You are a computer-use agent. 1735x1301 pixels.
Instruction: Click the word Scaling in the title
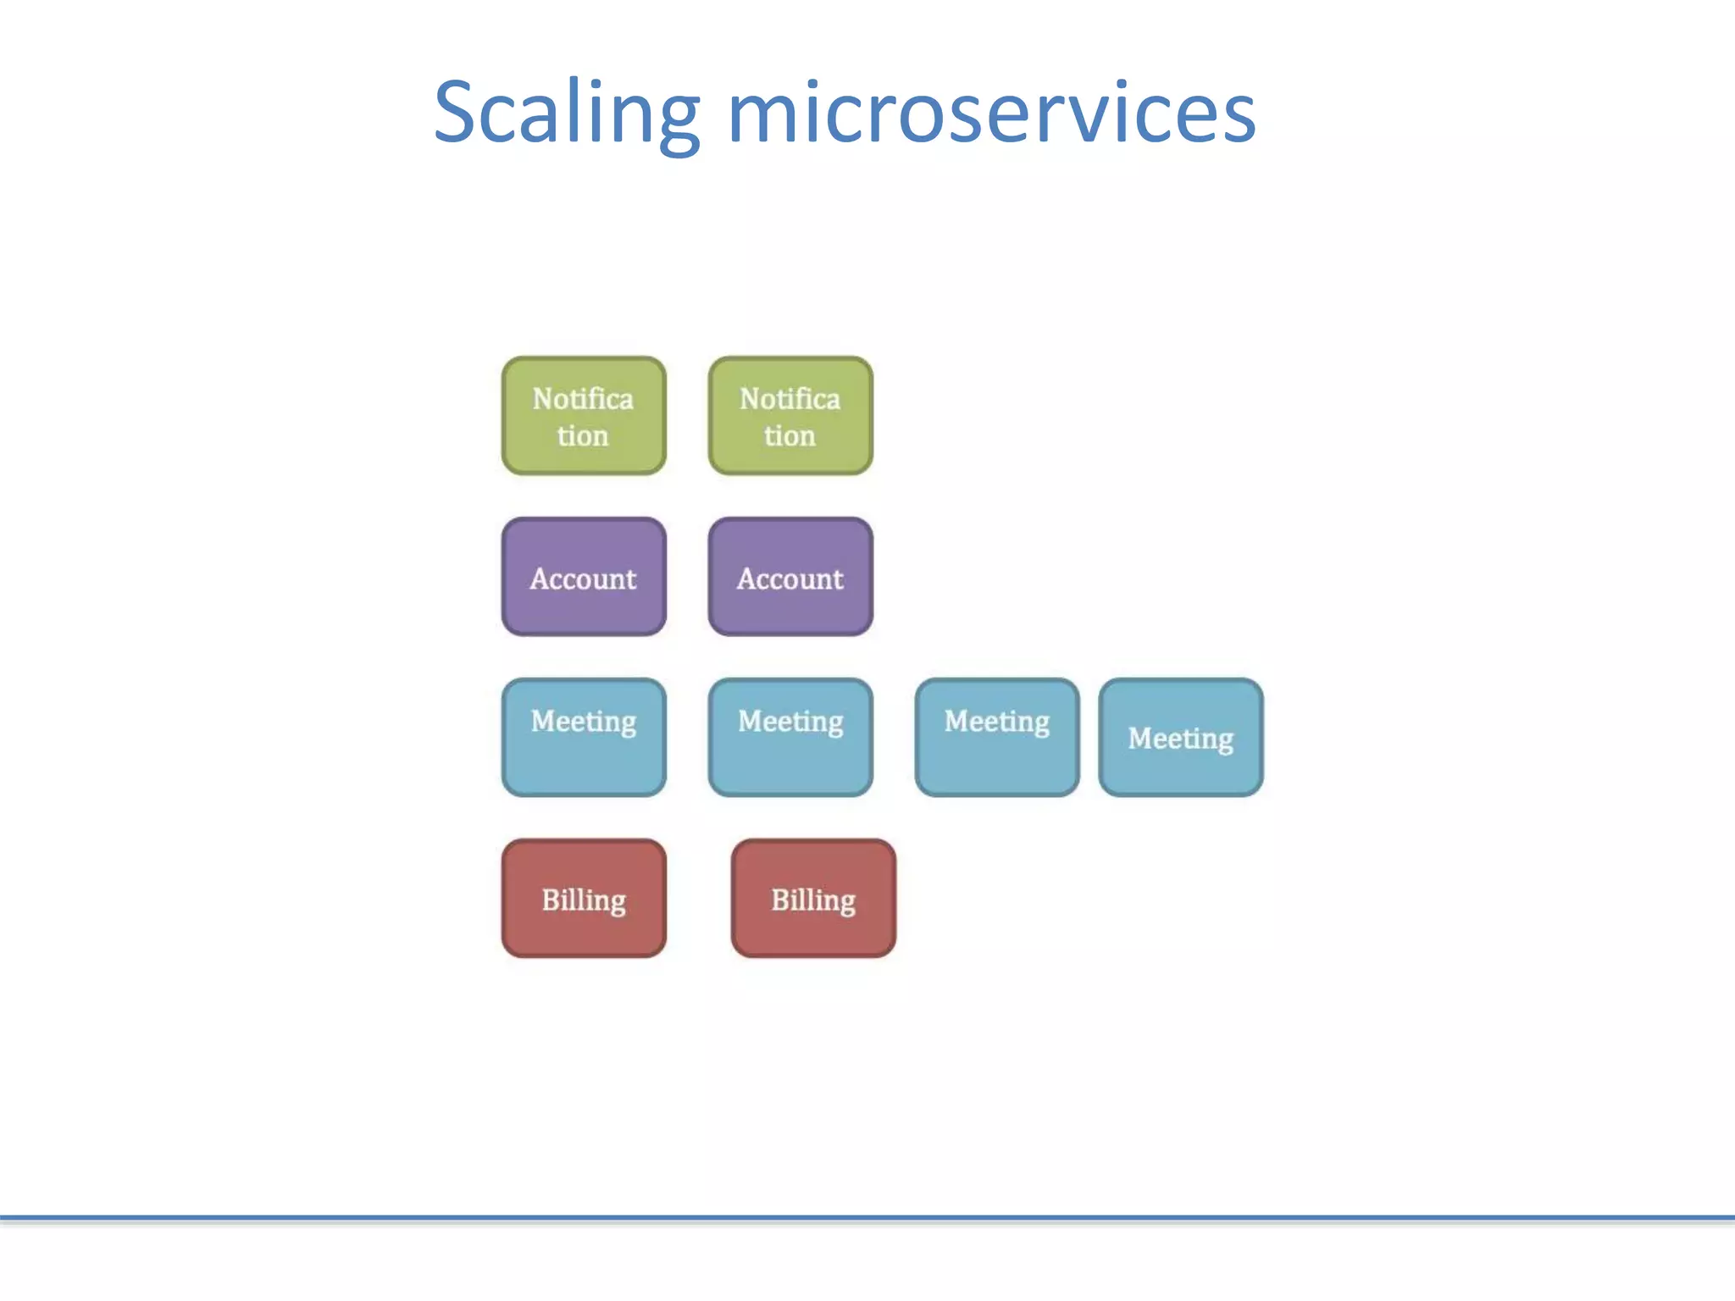566,113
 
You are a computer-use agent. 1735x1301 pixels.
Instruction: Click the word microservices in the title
991,113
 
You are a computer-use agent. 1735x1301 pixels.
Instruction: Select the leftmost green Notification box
584,416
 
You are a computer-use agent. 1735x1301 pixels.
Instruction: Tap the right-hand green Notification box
790,416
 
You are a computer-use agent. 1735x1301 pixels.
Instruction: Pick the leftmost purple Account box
584,577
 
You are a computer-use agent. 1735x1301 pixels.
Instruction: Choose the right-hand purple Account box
790,577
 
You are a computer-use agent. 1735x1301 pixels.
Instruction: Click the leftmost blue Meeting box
584,738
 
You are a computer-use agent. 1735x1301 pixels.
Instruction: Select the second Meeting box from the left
790,738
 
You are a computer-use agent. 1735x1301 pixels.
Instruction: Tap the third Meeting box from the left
997,738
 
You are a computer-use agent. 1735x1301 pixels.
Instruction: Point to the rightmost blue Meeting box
1181,738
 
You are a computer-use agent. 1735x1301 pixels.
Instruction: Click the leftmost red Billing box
584,899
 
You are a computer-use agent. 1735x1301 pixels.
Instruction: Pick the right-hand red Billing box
813,899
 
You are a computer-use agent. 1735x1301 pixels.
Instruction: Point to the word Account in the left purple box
583,579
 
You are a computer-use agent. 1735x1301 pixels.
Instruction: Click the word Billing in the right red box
813,900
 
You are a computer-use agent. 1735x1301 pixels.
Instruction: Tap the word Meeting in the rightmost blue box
1181,739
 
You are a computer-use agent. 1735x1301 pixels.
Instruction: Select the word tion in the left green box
583,436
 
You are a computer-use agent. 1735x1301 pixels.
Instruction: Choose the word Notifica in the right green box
790,399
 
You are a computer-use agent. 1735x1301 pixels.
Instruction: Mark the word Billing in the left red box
584,900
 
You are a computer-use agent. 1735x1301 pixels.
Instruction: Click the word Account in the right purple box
790,579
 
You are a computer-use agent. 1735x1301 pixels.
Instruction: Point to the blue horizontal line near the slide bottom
867,1218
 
